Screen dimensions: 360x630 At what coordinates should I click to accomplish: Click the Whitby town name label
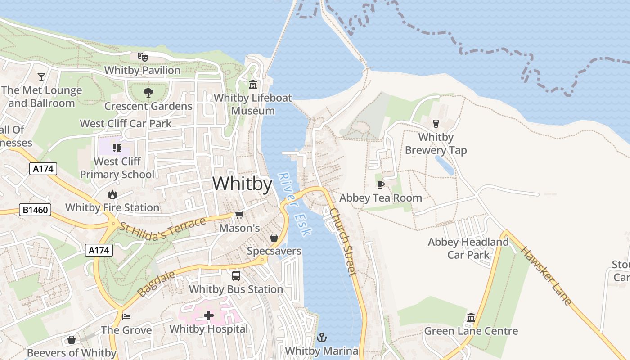(242, 184)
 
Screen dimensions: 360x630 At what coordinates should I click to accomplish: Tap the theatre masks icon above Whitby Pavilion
(143, 57)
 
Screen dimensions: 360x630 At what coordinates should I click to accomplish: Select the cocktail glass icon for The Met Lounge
(41, 76)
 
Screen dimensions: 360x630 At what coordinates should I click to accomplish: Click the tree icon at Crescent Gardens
(148, 93)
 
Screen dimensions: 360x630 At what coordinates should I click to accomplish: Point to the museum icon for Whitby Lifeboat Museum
(253, 84)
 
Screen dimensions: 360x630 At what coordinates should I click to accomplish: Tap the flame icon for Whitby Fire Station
(112, 194)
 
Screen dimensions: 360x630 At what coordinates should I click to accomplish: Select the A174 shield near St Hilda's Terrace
(99, 250)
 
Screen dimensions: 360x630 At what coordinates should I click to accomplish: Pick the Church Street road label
(343, 241)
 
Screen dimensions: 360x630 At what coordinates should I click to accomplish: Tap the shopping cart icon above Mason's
(239, 215)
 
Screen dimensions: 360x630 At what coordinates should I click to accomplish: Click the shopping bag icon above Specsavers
(274, 238)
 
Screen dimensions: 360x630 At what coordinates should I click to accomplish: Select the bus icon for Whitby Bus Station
(236, 276)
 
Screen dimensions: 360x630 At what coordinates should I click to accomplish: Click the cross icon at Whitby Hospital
(209, 315)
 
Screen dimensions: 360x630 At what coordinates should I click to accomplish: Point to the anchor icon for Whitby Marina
(322, 337)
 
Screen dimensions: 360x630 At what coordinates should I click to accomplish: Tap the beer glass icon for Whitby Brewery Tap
(436, 123)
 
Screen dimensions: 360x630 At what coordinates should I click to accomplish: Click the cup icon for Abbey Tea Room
(380, 184)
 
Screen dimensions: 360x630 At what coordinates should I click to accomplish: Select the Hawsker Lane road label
(546, 276)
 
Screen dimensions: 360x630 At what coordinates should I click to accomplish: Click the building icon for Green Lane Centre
(471, 317)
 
